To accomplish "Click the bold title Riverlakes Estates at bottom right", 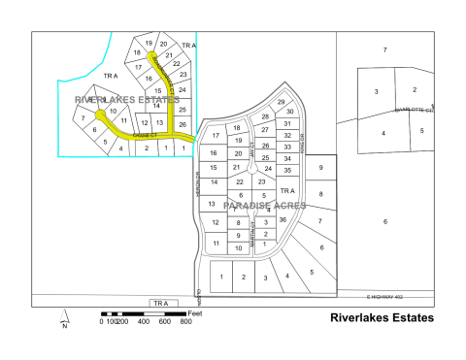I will pos(382,317).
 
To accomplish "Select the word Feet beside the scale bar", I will pos(195,313).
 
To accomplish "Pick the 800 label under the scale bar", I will pos(185,322).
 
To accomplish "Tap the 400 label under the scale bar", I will pos(144,322).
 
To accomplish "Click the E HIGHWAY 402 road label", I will pos(383,296).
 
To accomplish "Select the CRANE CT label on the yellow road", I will pos(146,136).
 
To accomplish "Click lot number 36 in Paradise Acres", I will pos(283,219).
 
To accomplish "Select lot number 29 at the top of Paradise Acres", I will pos(282,102).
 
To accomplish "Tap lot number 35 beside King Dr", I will pos(287,170).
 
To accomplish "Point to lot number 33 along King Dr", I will pos(287,147).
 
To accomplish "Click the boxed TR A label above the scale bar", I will pos(158,304).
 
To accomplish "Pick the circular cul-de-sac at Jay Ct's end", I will pos(251,168).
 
